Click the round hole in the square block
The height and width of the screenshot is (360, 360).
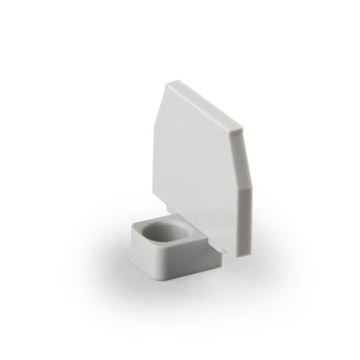click(x=163, y=230)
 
